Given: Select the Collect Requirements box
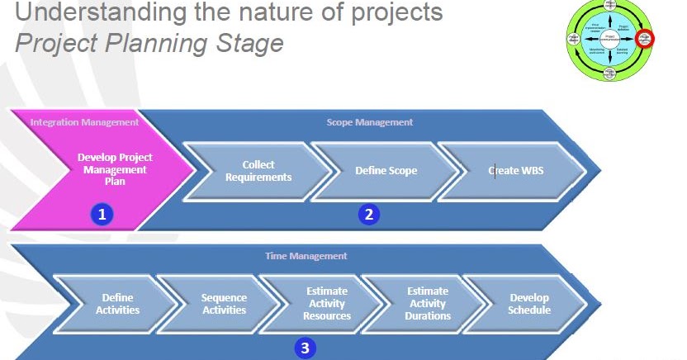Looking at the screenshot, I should [x=258, y=171].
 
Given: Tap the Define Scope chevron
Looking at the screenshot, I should [x=386, y=171].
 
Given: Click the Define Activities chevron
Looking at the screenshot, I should [x=118, y=304].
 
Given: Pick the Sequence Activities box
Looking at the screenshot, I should [x=223, y=304].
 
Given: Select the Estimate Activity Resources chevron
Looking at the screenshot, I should [x=326, y=304].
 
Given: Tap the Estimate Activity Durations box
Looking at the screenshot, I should [x=428, y=304].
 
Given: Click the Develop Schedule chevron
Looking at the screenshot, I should [x=529, y=304].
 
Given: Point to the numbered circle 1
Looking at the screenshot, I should [x=102, y=215].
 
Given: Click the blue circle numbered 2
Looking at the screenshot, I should [x=368, y=215].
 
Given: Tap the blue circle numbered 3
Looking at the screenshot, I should [x=305, y=348].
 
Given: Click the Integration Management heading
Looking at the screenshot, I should [x=84, y=122].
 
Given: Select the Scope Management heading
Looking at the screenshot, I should [x=369, y=122].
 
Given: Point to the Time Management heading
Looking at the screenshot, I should [x=306, y=256].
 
